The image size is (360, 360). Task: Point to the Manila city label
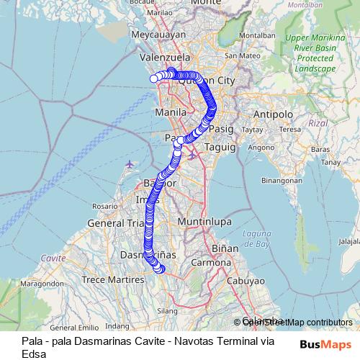click(x=171, y=113)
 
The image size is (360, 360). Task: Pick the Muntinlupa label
click(x=197, y=221)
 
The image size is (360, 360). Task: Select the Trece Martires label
click(x=109, y=279)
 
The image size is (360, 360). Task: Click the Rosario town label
click(x=104, y=206)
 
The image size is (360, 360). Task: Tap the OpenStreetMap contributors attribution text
click(x=296, y=322)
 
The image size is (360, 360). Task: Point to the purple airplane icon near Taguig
click(x=192, y=155)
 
